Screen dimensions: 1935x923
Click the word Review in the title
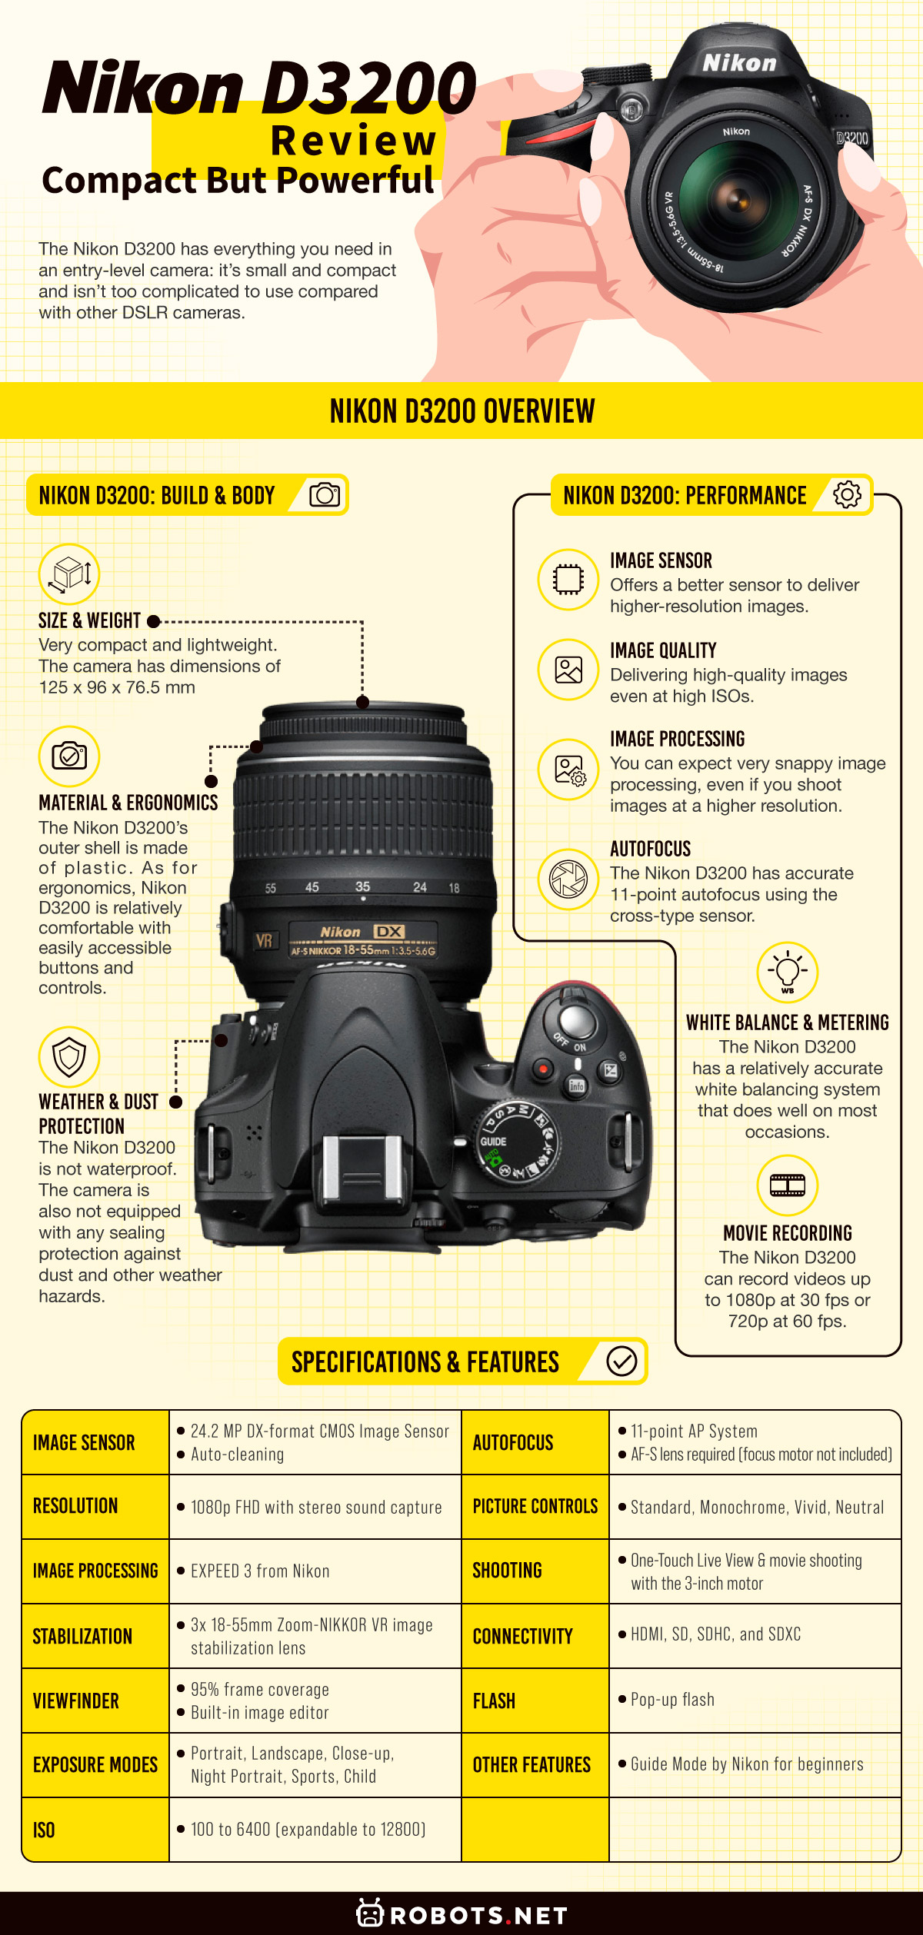tap(354, 141)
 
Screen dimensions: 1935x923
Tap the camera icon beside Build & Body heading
tap(325, 494)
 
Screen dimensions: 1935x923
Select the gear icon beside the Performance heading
tap(847, 494)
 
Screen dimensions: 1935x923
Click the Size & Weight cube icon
tap(69, 574)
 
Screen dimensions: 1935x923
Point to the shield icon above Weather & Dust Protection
tap(69, 1057)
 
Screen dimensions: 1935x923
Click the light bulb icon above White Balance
tap(787, 972)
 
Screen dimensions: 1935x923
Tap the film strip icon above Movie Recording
tap(787, 1185)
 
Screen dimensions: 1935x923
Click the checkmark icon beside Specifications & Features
tap(621, 1361)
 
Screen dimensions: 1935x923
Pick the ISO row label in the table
tap(44, 1830)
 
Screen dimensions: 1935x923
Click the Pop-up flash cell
tap(672, 1700)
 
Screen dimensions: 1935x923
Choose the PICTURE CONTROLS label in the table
tap(535, 1506)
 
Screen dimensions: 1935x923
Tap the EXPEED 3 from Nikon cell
tap(260, 1571)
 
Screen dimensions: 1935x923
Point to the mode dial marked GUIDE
tap(518, 1138)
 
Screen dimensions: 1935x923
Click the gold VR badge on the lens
tap(264, 941)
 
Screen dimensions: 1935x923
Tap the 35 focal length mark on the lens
tap(362, 886)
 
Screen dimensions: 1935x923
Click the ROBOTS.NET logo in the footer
tap(461, 1914)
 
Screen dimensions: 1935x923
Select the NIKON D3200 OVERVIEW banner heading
tap(461, 411)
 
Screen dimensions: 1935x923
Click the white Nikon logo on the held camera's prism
tap(739, 63)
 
